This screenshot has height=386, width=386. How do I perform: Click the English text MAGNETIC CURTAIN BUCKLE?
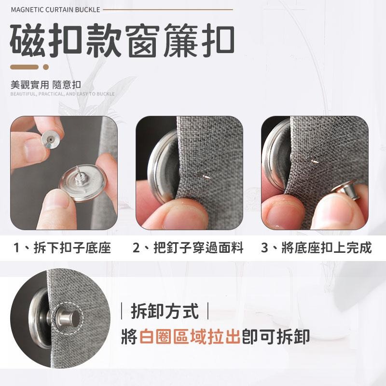coord(56,9)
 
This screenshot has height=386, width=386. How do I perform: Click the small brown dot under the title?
coord(46,67)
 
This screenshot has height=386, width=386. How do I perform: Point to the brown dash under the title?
coord(25,67)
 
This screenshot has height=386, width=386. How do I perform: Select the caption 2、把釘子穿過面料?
coord(188,248)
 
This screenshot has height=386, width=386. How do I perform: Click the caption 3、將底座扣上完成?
coord(316,248)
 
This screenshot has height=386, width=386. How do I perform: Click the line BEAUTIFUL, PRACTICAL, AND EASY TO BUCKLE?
coord(63,94)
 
